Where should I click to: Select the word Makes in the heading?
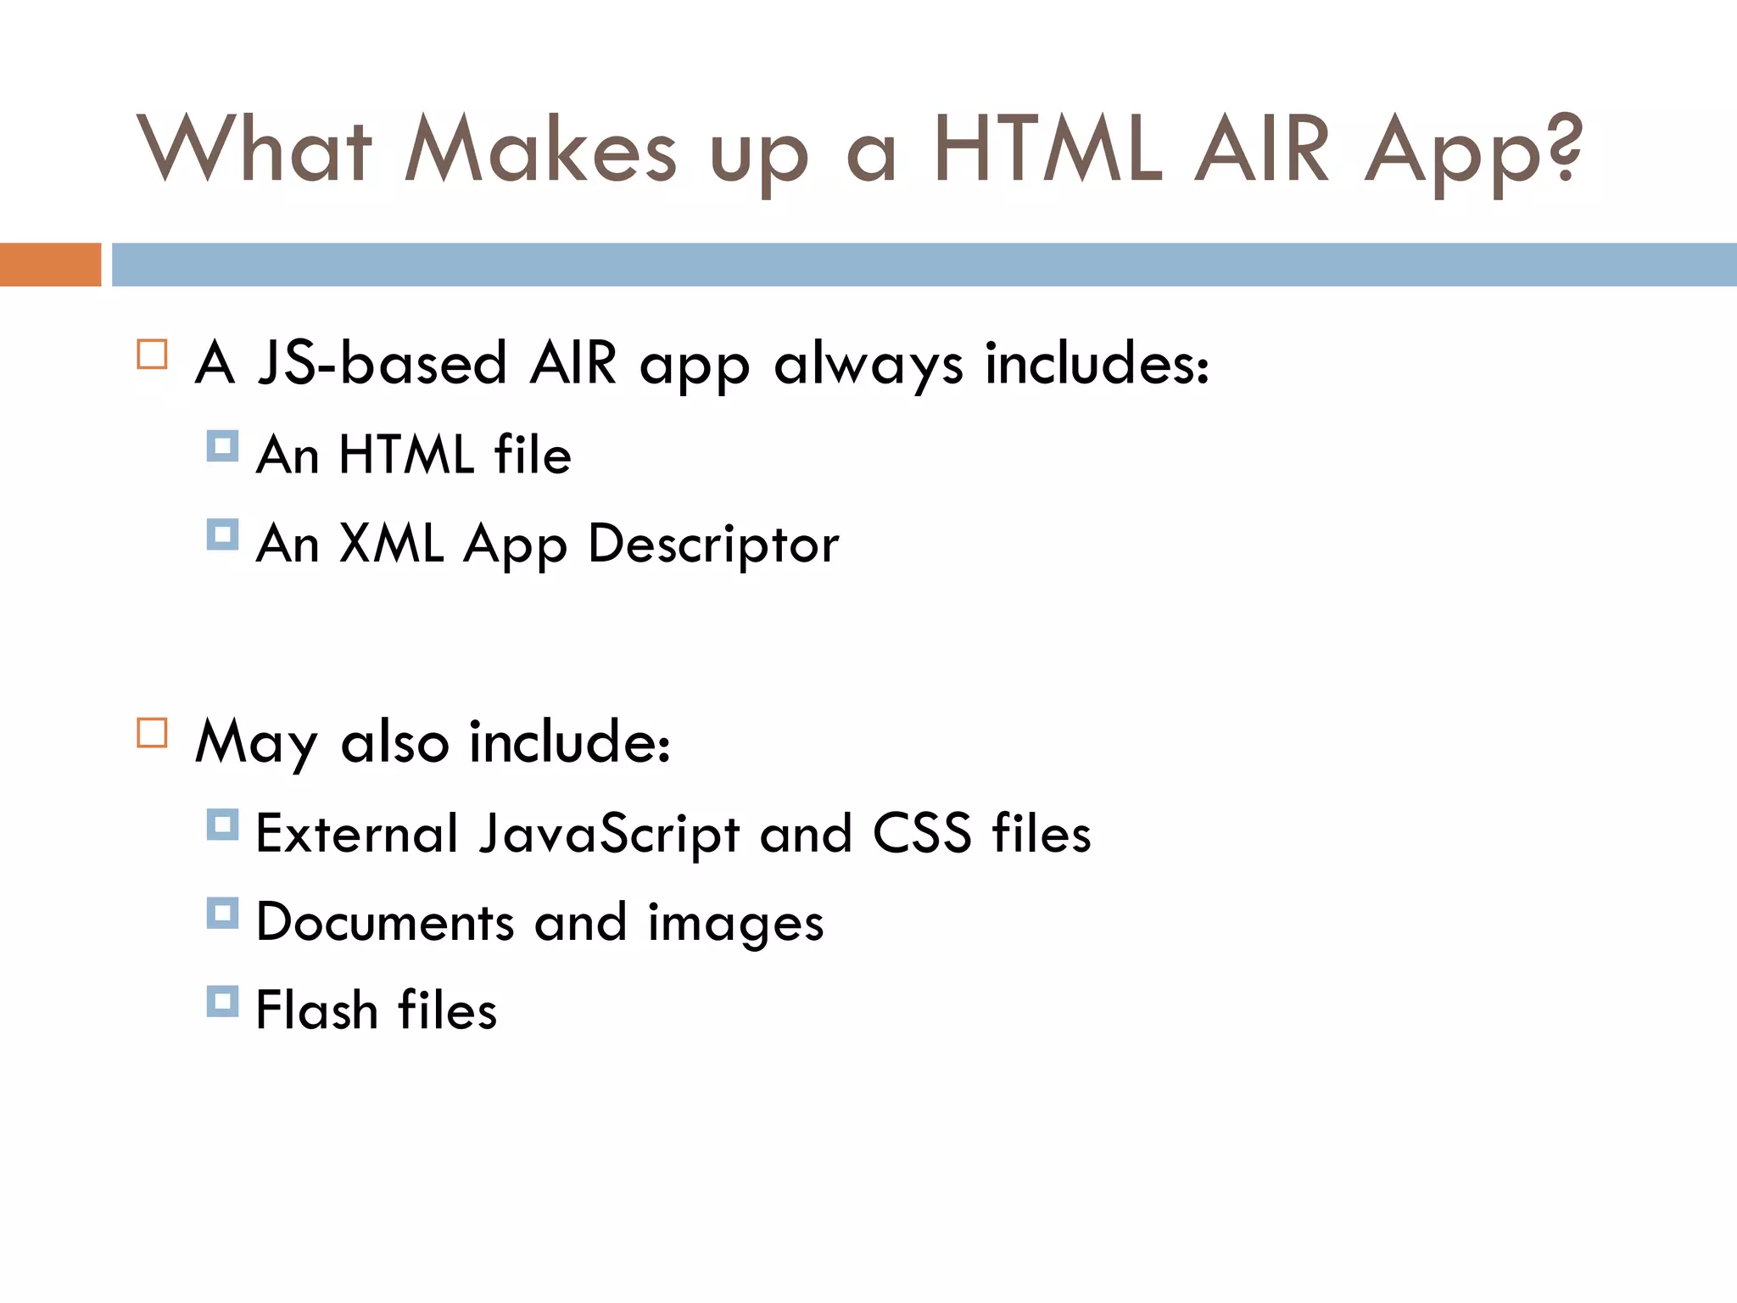click(x=540, y=150)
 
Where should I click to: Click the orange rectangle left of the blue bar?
click(x=50, y=265)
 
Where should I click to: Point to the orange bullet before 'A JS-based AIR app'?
click(x=152, y=354)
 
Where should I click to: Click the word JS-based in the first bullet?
click(x=382, y=363)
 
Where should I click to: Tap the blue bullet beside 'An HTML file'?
click(x=222, y=445)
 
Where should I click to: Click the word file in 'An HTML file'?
click(x=533, y=454)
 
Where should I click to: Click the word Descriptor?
click(x=712, y=544)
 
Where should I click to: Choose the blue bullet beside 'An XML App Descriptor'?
click(x=222, y=534)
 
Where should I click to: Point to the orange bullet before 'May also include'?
click(x=152, y=732)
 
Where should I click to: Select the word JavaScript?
click(x=609, y=833)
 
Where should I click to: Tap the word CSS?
click(x=922, y=833)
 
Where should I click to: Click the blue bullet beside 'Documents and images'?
click(x=222, y=913)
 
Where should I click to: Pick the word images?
click(x=735, y=924)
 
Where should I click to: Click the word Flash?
click(x=316, y=1010)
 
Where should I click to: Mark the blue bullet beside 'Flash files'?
click(x=222, y=1001)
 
